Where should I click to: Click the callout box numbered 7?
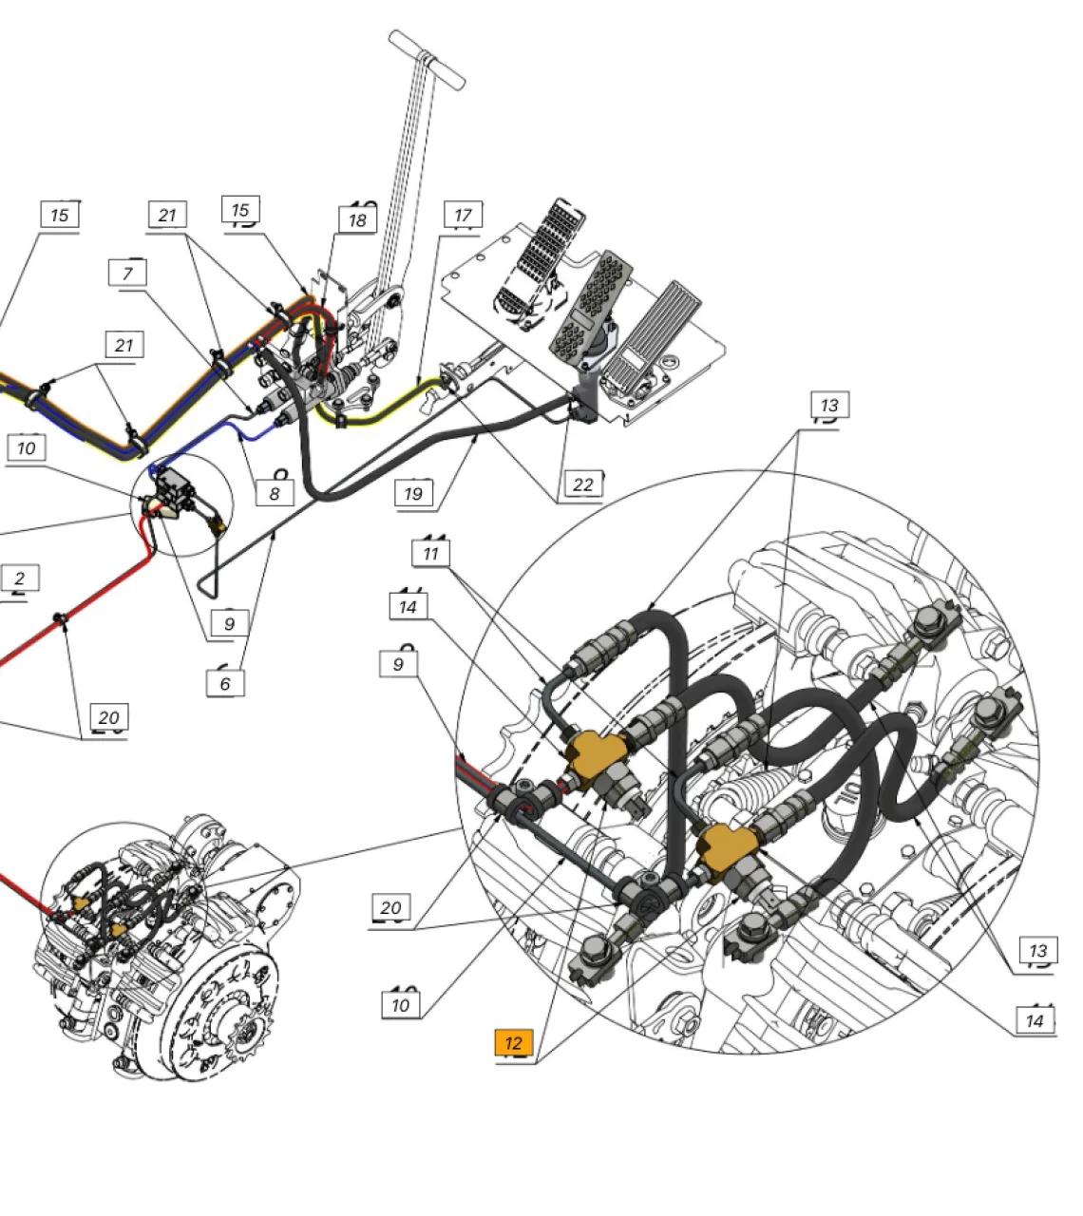(x=127, y=273)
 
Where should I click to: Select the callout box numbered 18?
(x=357, y=220)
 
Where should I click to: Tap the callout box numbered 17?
(x=463, y=215)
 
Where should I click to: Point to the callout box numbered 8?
(x=275, y=493)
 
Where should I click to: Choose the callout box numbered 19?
(x=413, y=493)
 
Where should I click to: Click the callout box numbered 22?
(x=583, y=484)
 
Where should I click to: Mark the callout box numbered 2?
(x=20, y=578)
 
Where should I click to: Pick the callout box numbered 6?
(x=225, y=683)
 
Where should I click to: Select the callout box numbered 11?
(x=430, y=553)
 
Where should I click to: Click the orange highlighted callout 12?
(x=513, y=1042)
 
